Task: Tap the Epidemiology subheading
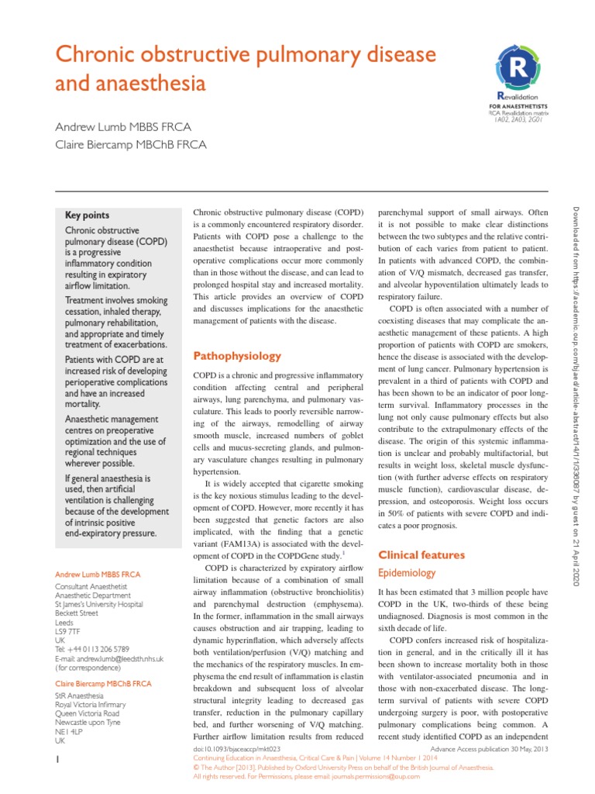point(406,573)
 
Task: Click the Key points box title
point(87,215)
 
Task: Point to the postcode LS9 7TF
point(68,631)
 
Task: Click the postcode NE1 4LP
point(69,731)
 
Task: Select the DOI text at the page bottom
point(236,750)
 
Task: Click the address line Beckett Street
point(77,613)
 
